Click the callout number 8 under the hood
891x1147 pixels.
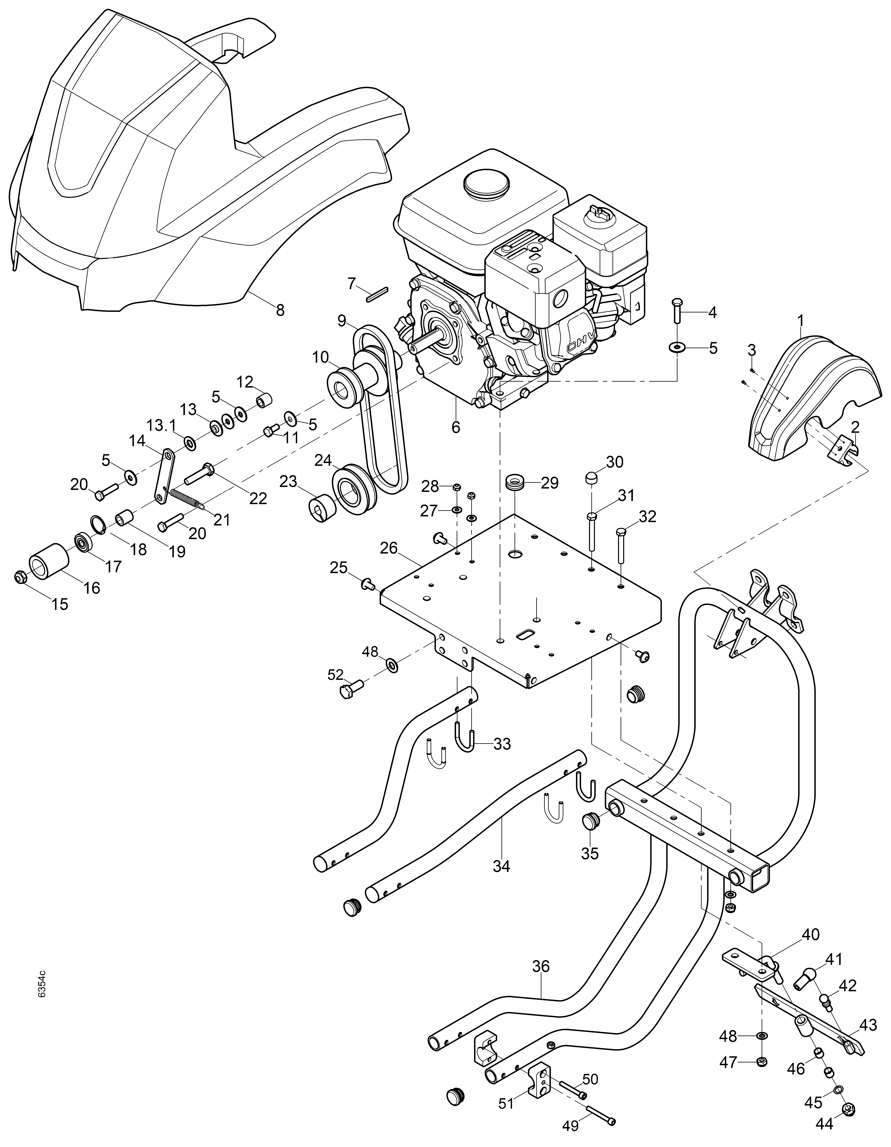coord(280,310)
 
